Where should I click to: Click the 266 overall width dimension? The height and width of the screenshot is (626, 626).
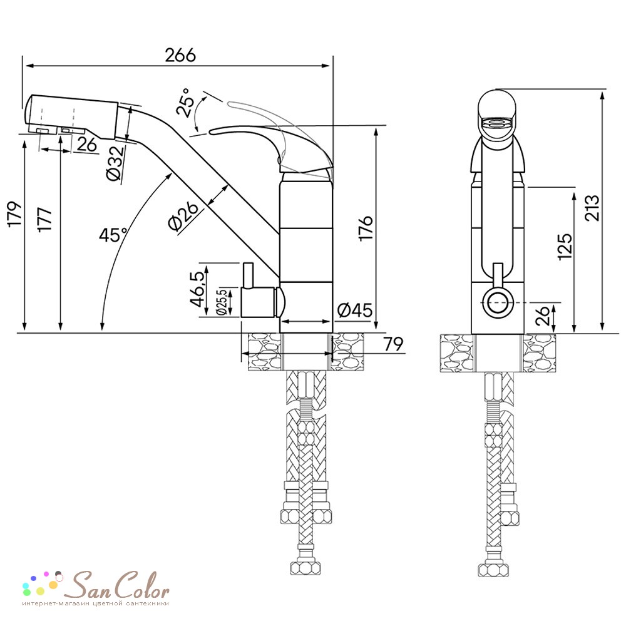point(180,55)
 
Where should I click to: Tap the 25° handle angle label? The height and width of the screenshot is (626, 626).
point(186,103)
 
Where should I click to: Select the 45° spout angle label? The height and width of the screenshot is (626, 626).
point(113,234)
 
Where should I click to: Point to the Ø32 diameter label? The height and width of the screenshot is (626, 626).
point(115,164)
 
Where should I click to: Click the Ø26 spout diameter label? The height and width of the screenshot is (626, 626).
point(183,216)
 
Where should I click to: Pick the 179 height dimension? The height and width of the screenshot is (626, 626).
point(15,214)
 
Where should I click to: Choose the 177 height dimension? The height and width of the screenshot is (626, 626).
point(44,218)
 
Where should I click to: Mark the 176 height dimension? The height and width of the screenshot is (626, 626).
point(366,228)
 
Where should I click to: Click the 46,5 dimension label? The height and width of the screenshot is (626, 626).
point(199,289)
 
